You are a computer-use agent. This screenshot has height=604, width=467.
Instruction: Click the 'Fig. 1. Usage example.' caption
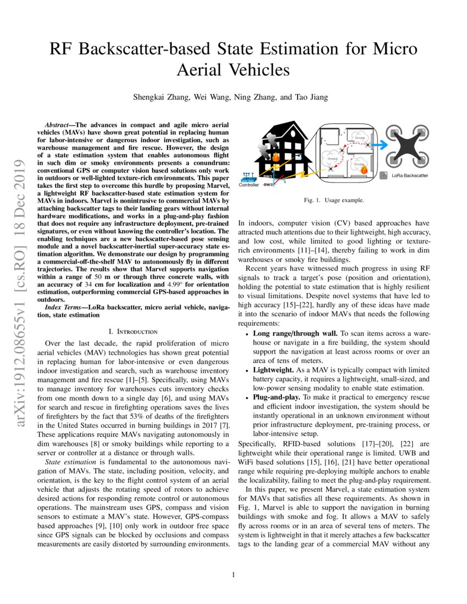(x=333, y=200)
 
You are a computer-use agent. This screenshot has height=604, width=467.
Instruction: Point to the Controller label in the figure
(x=249, y=185)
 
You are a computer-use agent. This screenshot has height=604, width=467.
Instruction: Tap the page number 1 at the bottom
(x=233, y=575)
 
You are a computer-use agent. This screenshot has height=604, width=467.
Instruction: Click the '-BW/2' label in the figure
(x=268, y=185)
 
